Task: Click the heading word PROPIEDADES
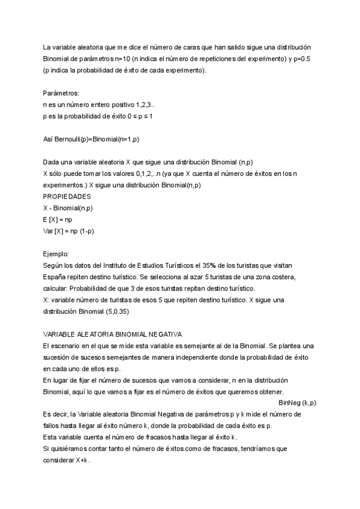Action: pos(67,196)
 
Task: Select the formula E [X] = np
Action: pos(58,220)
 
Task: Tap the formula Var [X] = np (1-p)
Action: pos(69,231)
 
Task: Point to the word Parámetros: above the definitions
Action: pos(61,93)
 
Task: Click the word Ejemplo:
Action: pos(56,254)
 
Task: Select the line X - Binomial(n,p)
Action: pos(68,208)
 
